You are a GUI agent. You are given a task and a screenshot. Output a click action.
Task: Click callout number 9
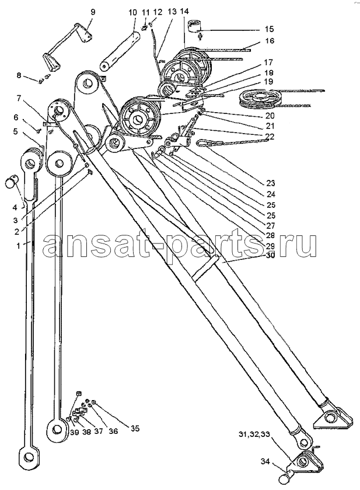pos(93,12)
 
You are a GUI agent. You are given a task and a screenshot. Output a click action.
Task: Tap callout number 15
pos(270,29)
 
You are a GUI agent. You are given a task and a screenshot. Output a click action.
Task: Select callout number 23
pos(271,183)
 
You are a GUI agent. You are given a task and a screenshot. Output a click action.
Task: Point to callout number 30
pos(270,255)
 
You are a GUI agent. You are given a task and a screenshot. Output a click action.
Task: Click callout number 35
pos(135,429)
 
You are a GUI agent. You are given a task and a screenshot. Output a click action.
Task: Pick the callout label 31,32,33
pos(254,435)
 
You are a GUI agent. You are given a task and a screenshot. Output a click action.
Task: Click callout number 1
pos(18,246)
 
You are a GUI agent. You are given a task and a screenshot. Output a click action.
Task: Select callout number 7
pos(18,99)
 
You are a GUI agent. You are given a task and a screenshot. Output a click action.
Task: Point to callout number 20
pos(270,116)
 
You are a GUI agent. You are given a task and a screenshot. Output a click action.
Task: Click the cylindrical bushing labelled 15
pos(195,26)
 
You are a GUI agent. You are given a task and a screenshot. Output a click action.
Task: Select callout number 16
pos(270,41)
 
